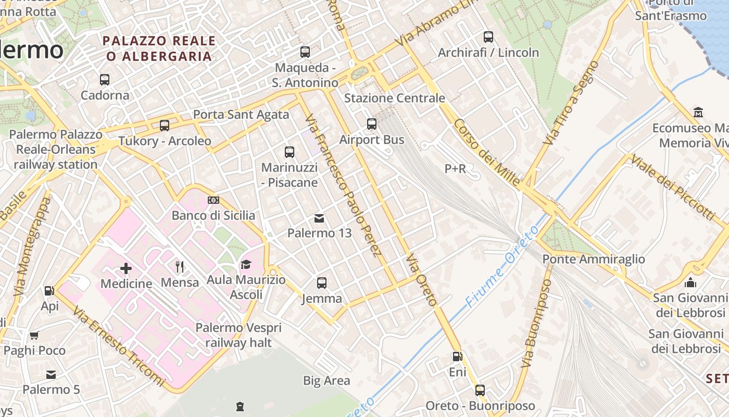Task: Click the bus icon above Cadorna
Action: (x=105, y=80)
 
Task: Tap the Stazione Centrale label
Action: (x=394, y=98)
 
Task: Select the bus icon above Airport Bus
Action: (x=372, y=124)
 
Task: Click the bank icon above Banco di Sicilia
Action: (x=213, y=200)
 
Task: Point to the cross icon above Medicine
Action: (x=126, y=269)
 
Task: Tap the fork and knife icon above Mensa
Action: (x=180, y=267)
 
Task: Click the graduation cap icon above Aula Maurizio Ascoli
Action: (x=246, y=265)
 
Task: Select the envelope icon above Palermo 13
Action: (x=320, y=218)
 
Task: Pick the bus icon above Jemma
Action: (x=322, y=283)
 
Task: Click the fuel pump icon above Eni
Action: (x=457, y=357)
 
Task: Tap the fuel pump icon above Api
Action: (x=49, y=291)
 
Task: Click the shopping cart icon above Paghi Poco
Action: (x=34, y=335)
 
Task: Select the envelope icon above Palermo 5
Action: (x=51, y=374)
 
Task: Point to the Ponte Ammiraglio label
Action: (x=594, y=259)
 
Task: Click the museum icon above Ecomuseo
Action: (x=698, y=113)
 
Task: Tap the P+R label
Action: (x=455, y=168)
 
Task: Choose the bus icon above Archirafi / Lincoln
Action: (x=488, y=37)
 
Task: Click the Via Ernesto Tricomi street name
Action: (x=118, y=346)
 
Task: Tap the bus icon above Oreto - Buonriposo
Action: (x=480, y=390)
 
